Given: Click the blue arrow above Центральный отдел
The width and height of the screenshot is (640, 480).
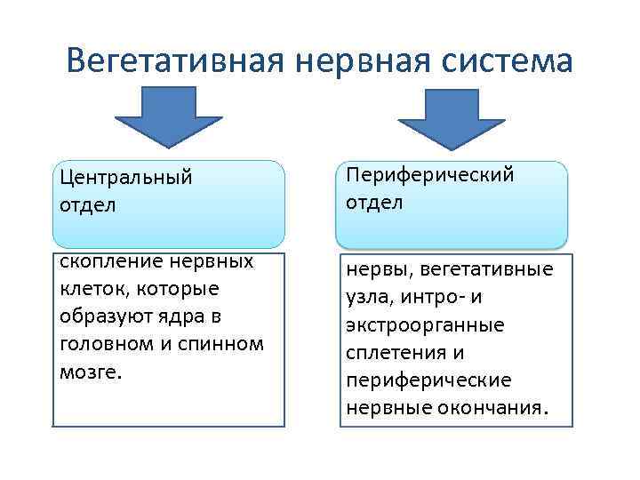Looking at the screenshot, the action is (x=169, y=116).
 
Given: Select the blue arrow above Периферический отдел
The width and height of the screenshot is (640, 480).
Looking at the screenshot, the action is (x=451, y=116).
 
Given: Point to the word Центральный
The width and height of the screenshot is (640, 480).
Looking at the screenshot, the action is (x=126, y=177).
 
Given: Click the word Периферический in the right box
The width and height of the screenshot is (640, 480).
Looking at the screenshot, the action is (x=430, y=174).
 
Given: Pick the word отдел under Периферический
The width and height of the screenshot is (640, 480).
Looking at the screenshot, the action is (x=374, y=202).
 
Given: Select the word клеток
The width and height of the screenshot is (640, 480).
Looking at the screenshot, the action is (x=91, y=289).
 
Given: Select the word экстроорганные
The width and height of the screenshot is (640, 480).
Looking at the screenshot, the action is (x=425, y=324).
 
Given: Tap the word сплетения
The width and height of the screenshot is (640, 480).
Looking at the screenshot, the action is (x=393, y=352).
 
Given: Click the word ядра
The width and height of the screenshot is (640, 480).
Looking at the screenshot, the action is (x=182, y=316).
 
